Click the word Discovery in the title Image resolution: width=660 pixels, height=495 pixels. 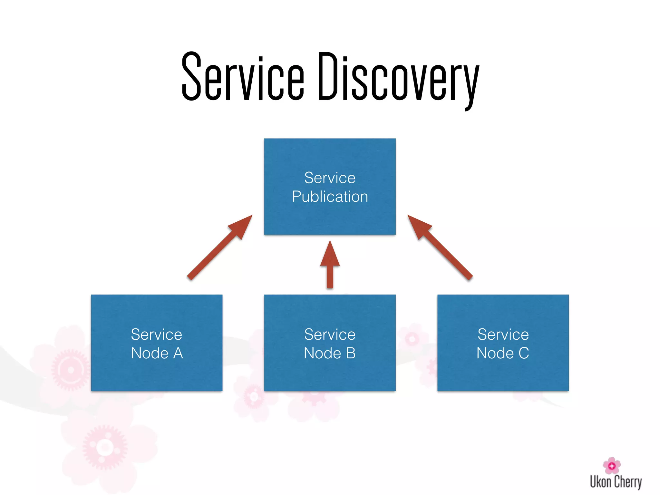pos(398,79)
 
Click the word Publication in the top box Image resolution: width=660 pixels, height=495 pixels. pos(330,197)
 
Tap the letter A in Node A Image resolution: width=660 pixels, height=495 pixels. pos(178,353)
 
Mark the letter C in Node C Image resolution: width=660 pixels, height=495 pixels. pos(524,353)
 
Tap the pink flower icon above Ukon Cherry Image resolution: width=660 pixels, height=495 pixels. pos(612,465)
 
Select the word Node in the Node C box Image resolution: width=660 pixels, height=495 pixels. pos(495,353)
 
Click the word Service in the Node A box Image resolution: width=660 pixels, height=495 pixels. pos(157,335)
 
